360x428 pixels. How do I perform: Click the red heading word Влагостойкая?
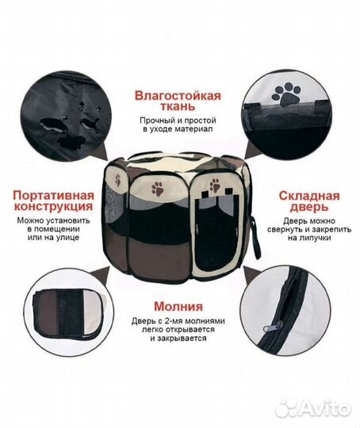click(x=178, y=96)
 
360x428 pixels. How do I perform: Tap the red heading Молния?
click(x=178, y=306)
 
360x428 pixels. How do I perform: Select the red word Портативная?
click(x=54, y=196)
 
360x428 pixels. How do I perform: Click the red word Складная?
click(x=309, y=196)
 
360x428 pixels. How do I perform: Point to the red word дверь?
click(x=309, y=207)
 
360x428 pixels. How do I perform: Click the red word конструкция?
click(x=54, y=206)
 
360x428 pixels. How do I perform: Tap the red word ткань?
click(x=178, y=106)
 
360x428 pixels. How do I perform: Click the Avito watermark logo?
click(x=312, y=408)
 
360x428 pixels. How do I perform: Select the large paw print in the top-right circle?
click(x=286, y=94)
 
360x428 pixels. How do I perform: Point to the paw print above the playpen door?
click(x=215, y=185)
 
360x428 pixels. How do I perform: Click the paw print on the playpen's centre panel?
click(x=158, y=189)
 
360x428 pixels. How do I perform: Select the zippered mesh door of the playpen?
click(x=215, y=232)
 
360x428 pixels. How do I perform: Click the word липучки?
click(x=309, y=238)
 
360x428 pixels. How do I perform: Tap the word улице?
click(x=68, y=237)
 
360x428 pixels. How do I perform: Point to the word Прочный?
click(x=157, y=120)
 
